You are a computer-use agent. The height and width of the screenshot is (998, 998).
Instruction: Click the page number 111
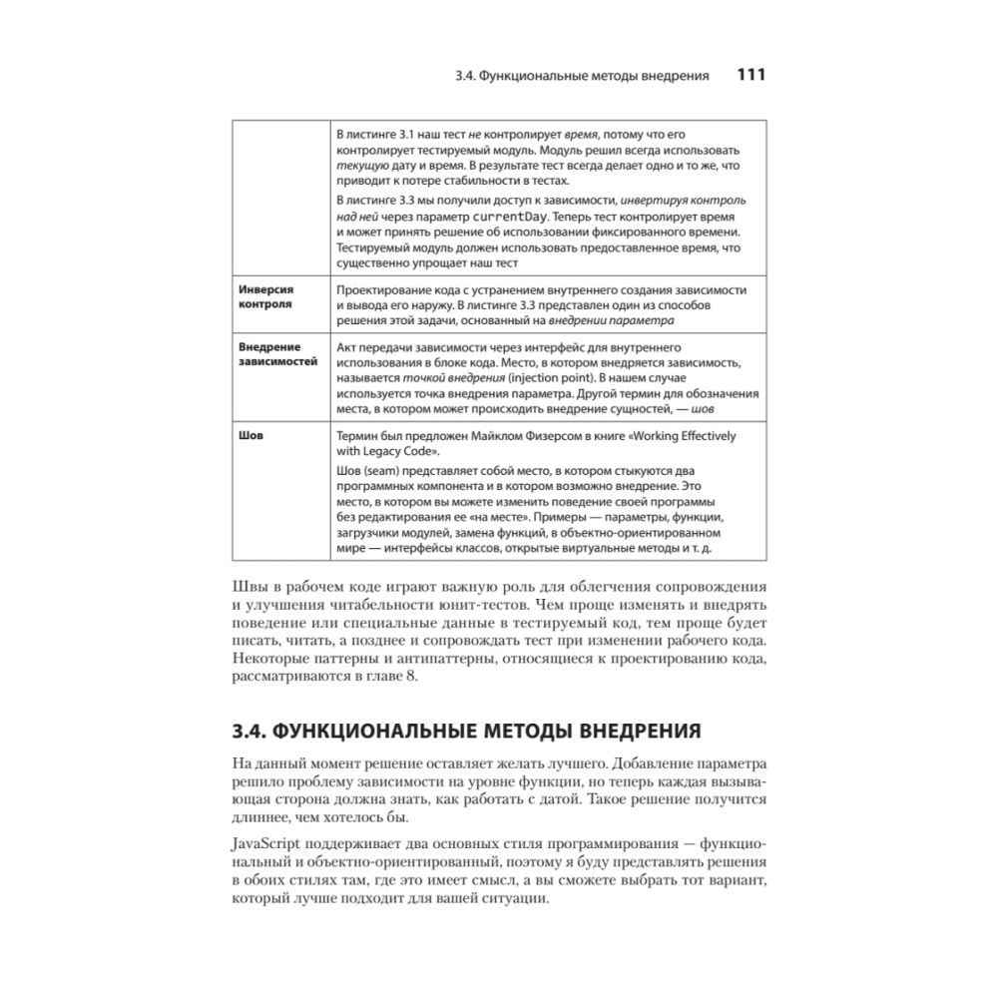[750, 75]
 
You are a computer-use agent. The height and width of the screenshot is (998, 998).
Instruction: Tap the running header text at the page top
[581, 76]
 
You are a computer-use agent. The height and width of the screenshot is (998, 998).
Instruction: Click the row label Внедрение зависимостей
[276, 353]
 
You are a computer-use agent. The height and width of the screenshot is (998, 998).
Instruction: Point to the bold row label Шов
[250, 434]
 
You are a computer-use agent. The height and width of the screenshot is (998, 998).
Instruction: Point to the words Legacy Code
[406, 451]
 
